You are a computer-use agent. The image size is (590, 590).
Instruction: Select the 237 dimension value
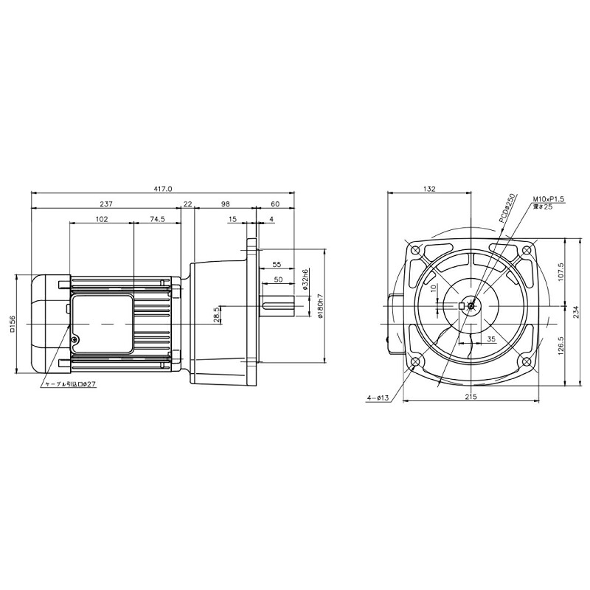point(106,204)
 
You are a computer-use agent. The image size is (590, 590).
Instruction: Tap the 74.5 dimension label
point(157,219)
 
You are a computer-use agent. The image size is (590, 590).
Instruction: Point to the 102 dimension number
point(102,219)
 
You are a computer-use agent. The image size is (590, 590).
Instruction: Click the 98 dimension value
point(226,204)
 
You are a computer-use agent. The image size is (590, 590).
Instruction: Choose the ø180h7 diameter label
point(320,306)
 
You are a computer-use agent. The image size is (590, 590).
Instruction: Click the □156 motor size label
point(13,324)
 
